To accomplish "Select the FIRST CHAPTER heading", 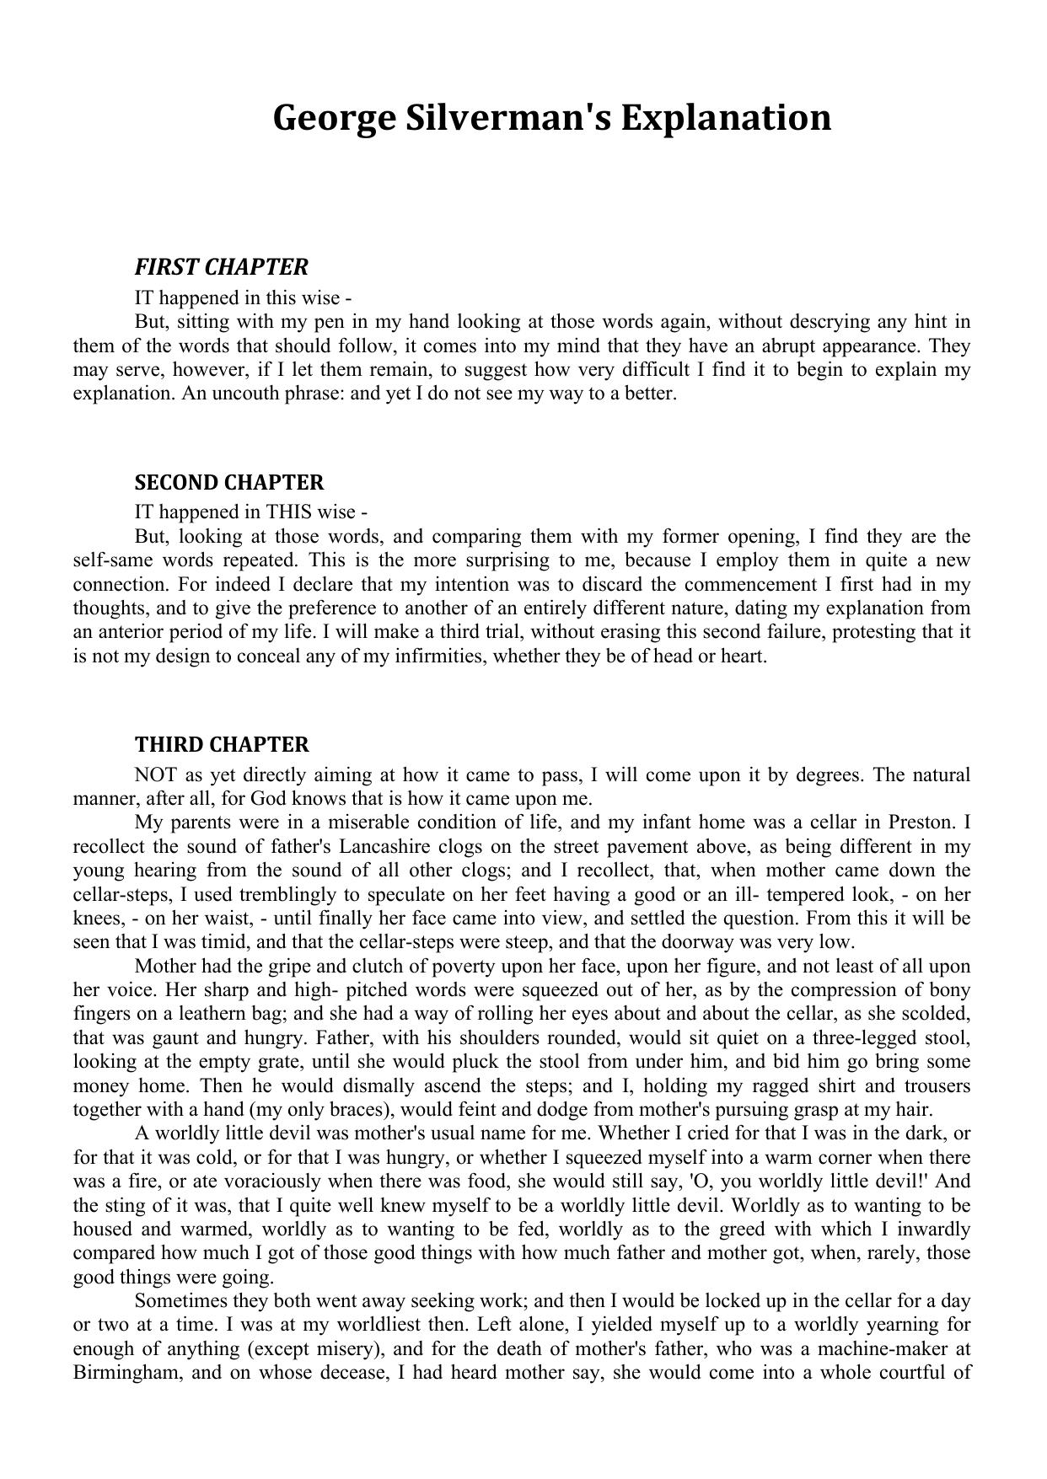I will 221,267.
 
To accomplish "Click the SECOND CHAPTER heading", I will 228,483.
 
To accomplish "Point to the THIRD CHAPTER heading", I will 222,745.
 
